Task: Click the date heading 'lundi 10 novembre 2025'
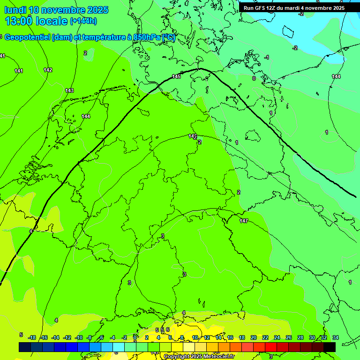[56, 10]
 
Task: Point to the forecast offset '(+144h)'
[83, 21]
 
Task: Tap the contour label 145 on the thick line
[176, 76]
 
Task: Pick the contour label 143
[69, 90]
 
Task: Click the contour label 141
[19, 71]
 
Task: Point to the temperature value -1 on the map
[267, 57]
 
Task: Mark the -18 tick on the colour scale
[32, 337]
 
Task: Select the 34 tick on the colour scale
[335, 337]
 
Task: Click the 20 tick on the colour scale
[254, 337]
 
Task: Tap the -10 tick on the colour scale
[79, 337]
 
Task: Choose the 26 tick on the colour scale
[288, 337]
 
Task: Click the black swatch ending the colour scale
[330, 347]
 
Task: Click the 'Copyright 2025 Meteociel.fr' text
[199, 356]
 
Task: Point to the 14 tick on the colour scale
[218, 337]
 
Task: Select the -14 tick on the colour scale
[55, 337]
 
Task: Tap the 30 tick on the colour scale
[312, 337]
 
